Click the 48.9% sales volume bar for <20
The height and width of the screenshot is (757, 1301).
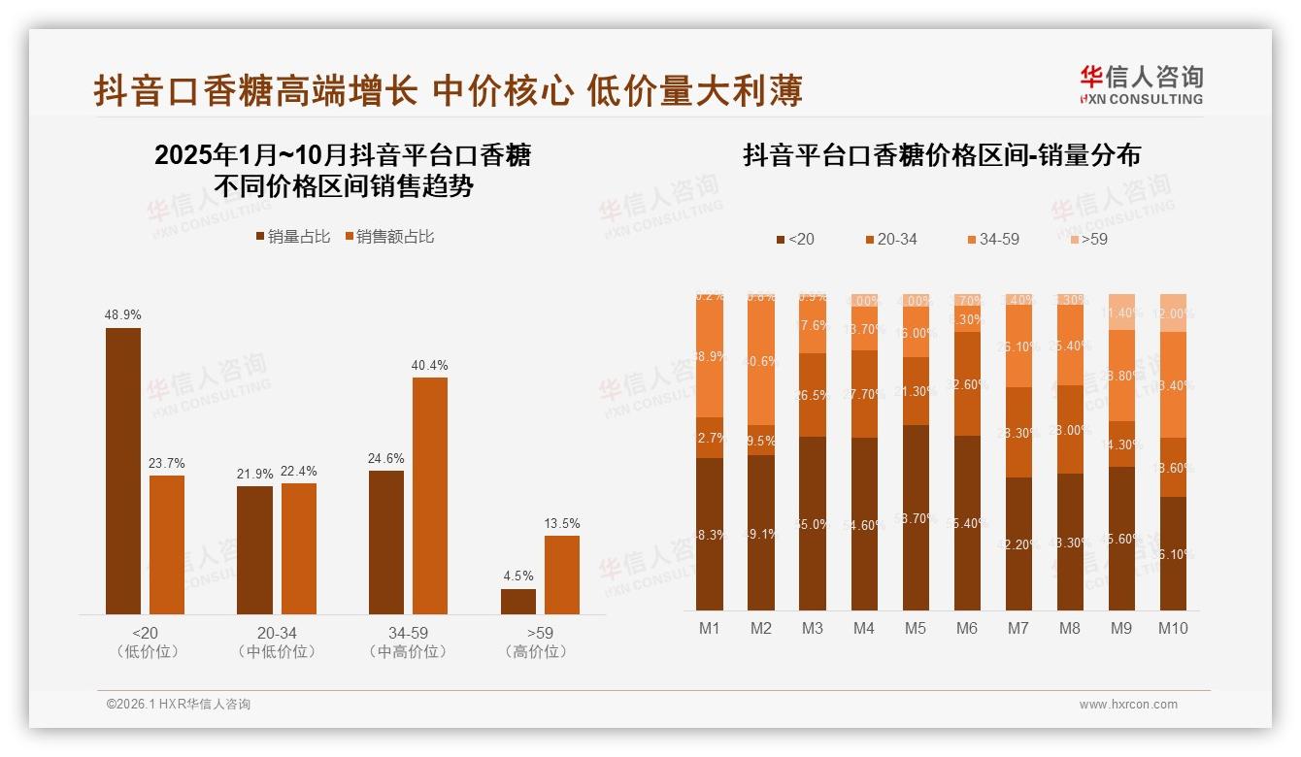coord(123,471)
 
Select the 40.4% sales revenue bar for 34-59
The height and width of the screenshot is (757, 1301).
coord(430,495)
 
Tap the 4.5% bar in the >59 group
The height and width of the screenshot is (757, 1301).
coord(517,601)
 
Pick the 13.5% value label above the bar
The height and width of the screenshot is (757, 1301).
coord(561,524)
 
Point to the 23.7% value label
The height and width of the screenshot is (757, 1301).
coord(166,464)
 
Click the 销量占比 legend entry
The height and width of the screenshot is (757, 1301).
coord(292,237)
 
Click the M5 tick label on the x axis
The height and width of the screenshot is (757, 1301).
coord(915,628)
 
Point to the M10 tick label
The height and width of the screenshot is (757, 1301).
coord(1173,628)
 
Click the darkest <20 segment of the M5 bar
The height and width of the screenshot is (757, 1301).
coord(915,517)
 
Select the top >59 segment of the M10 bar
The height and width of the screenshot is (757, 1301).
coord(1173,313)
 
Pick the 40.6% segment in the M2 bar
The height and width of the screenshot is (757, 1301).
coord(760,360)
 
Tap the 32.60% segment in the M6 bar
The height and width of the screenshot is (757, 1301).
coord(966,383)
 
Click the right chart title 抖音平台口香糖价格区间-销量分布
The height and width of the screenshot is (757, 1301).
coord(941,155)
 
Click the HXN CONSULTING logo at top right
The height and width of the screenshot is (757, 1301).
coord(1141,84)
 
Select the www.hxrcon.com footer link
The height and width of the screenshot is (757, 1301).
coord(1128,705)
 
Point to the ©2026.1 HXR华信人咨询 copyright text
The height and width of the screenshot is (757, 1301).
coord(178,705)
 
